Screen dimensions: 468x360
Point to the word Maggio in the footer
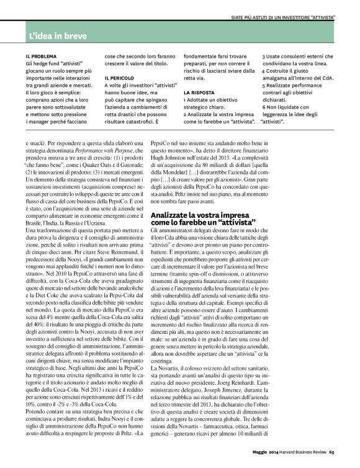(255, 460)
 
